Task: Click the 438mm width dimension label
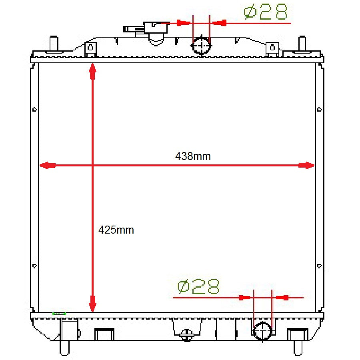click(193, 156)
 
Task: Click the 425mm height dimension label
click(116, 230)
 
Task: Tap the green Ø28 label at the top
click(266, 12)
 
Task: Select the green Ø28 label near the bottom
click(198, 286)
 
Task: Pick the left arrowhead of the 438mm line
click(48, 165)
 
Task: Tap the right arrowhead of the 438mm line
click(306, 165)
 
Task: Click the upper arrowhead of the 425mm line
click(92, 71)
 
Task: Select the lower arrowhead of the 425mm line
click(92, 304)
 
